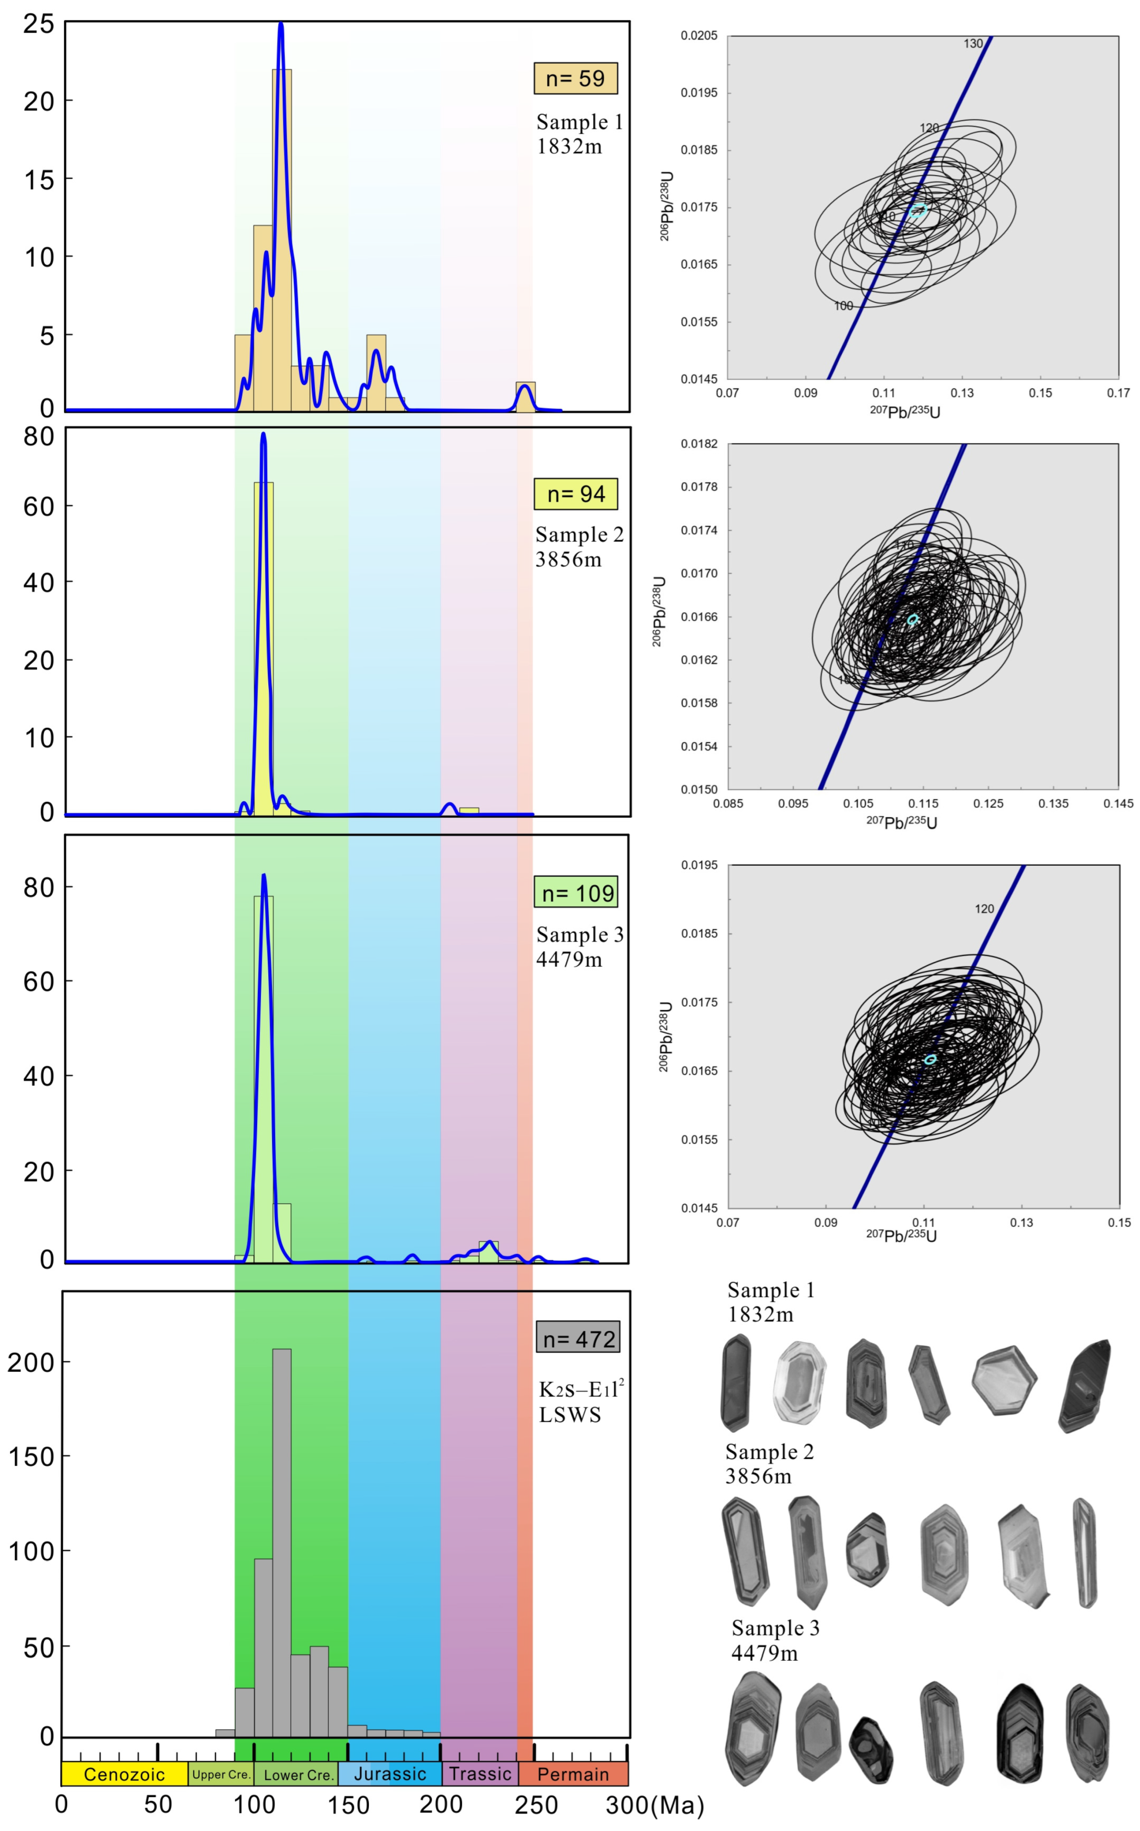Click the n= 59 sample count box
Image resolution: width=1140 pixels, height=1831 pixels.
tap(575, 78)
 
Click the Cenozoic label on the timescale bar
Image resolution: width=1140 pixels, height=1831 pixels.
tap(125, 1774)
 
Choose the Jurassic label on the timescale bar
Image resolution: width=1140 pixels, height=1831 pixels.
tap(390, 1774)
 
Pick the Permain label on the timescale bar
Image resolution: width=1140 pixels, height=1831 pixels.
tap(573, 1774)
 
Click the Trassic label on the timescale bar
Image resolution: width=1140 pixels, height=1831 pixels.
tap(480, 1774)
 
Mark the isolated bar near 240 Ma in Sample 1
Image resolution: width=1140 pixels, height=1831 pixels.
tap(526, 397)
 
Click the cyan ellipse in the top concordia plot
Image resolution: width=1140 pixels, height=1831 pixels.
tap(918, 211)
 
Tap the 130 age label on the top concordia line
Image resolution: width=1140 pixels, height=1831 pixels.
tap(973, 44)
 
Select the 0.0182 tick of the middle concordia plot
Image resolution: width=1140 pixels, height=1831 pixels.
tap(699, 444)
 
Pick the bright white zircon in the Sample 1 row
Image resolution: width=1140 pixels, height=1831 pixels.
tap(800, 1382)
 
